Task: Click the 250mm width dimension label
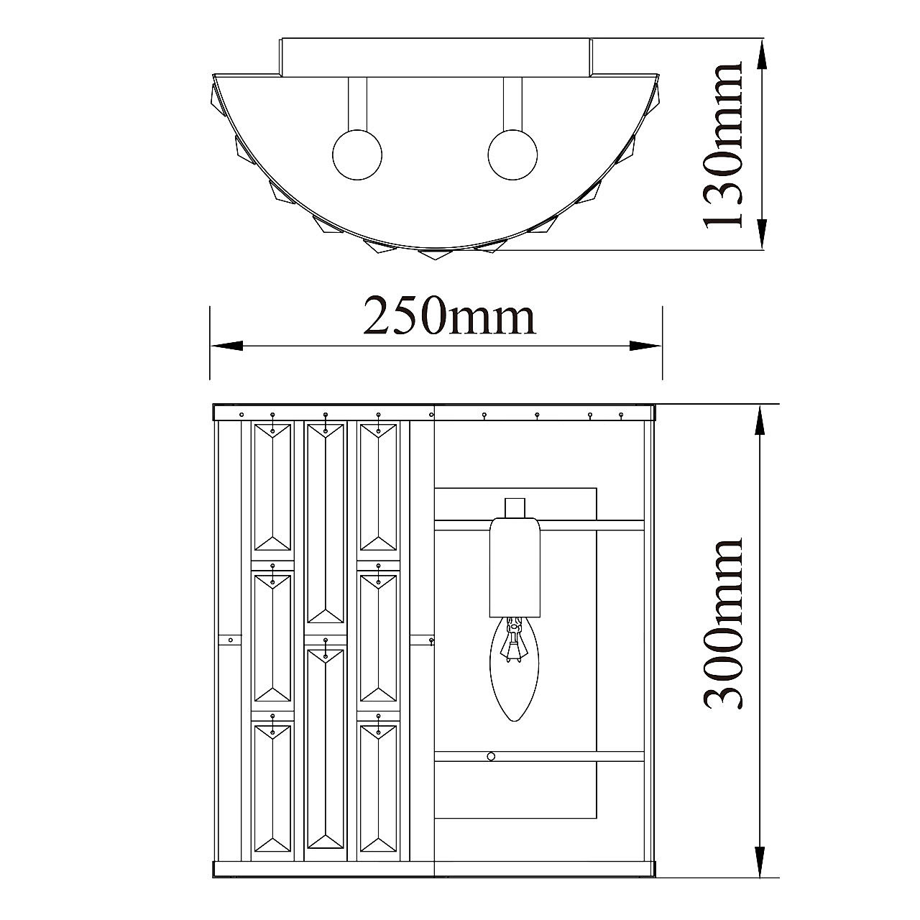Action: tap(449, 316)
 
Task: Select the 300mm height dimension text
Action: tap(722, 631)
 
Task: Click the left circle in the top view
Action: tap(357, 155)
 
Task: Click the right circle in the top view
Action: tap(512, 155)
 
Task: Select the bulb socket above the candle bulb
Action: tap(515, 567)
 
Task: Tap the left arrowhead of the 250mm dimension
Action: tap(226, 346)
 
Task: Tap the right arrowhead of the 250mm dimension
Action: tap(645, 346)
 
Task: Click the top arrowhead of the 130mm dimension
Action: tap(762, 56)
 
